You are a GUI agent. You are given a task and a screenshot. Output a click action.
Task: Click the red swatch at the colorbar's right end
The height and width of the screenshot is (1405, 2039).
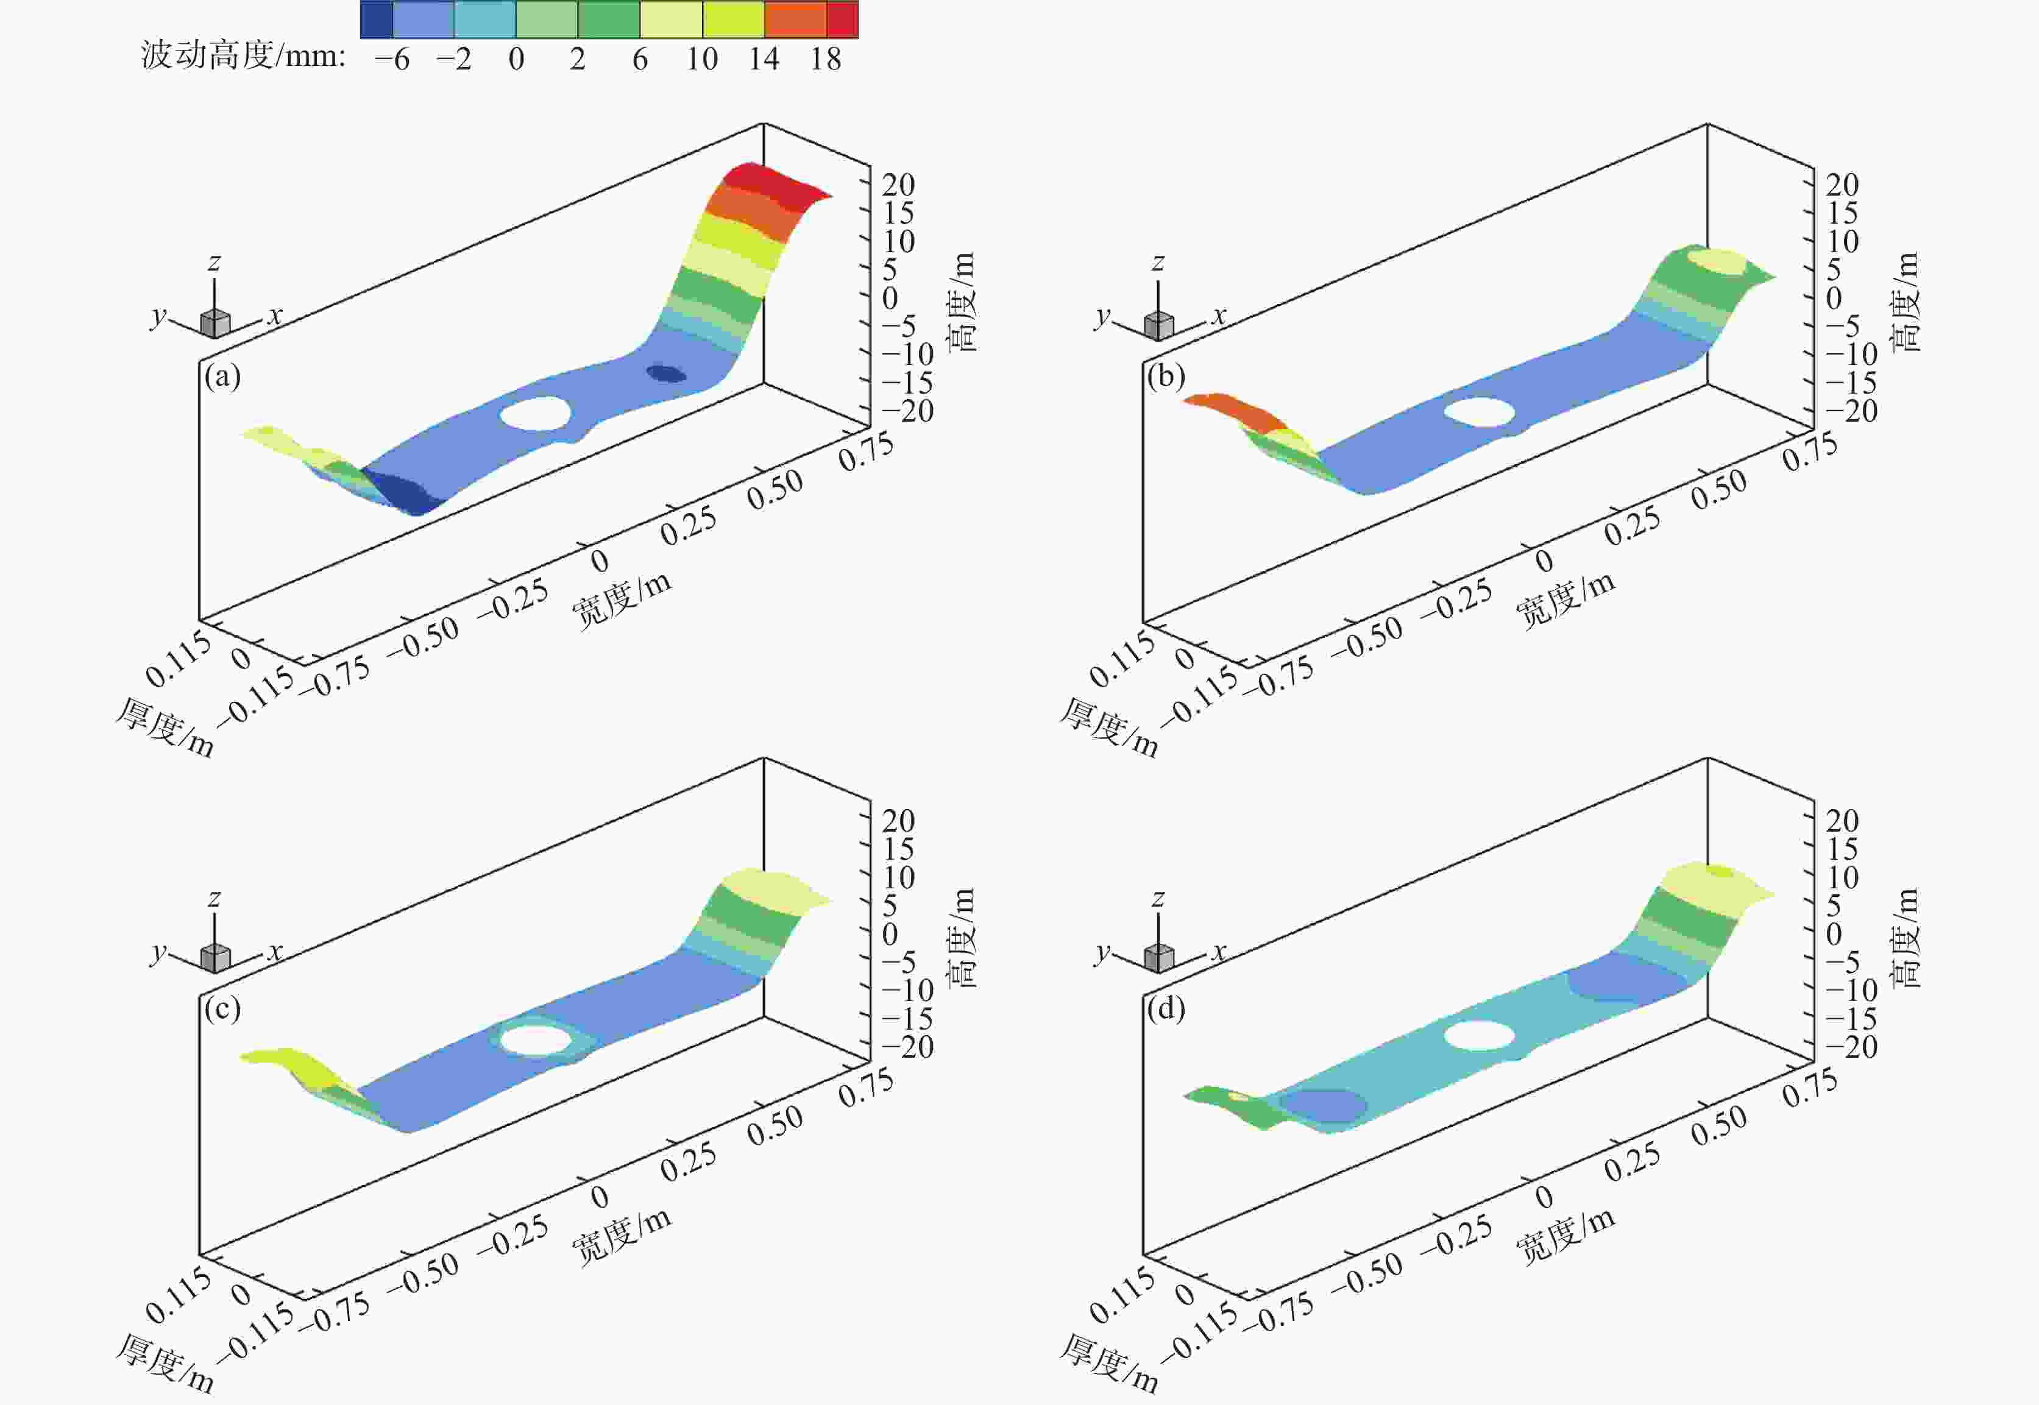coord(842,19)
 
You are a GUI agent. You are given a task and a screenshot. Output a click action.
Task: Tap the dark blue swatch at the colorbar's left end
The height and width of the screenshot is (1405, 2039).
coord(377,19)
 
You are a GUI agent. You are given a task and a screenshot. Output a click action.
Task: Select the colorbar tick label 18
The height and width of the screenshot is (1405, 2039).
coord(826,60)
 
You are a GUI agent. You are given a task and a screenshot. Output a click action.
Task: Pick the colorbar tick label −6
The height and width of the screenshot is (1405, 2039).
coord(392,60)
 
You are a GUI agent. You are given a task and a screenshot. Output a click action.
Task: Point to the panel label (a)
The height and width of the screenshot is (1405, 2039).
coord(222,377)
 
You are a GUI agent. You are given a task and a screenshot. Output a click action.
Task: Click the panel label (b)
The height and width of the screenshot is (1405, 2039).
coord(1166,377)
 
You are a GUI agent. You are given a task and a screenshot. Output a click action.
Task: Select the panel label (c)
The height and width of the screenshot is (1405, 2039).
coord(222,1008)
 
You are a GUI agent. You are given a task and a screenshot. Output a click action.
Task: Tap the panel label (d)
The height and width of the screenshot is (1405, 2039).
coord(1166,1008)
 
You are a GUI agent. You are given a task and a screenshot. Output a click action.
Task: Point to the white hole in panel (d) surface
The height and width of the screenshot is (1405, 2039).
coord(1479,1035)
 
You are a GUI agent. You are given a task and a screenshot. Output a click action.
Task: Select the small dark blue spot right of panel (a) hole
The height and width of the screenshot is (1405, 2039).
coord(667,373)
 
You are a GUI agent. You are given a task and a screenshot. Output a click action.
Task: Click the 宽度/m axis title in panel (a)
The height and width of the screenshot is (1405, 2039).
coord(622,600)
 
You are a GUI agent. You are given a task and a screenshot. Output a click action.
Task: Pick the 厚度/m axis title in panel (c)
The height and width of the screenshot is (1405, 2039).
coord(165,1364)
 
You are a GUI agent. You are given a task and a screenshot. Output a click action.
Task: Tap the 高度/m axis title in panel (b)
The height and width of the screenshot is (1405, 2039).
coord(1906,302)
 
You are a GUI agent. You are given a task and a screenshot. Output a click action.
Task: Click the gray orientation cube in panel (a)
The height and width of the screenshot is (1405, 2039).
coord(215,323)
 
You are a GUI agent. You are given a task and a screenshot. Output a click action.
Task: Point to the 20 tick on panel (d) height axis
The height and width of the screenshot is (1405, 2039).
coord(1842,821)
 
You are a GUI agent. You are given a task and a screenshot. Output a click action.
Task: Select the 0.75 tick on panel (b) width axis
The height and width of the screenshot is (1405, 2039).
coord(1810,451)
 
